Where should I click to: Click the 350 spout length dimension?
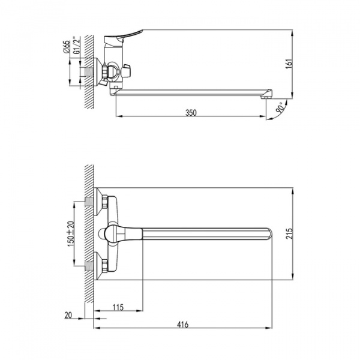[191, 113]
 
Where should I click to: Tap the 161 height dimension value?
[290, 64]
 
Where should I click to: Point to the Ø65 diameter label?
[66, 47]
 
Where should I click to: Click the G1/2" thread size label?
[77, 45]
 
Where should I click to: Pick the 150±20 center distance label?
[71, 234]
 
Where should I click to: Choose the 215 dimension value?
[290, 233]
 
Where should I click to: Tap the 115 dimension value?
[118, 307]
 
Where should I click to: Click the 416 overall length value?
[183, 325]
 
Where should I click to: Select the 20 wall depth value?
[68, 315]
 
